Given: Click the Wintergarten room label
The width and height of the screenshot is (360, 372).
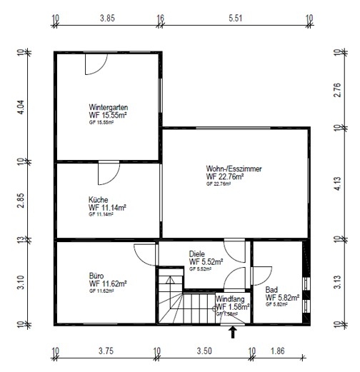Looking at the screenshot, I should (x=109, y=107).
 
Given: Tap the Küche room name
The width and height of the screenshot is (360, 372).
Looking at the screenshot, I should (x=98, y=200).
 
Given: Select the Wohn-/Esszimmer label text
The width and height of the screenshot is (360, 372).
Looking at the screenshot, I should (x=234, y=169).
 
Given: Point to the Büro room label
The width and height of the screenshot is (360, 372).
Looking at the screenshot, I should (x=96, y=275).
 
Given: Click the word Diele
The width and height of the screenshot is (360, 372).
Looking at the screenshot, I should (x=197, y=253).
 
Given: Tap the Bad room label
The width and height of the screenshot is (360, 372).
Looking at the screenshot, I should (x=271, y=290).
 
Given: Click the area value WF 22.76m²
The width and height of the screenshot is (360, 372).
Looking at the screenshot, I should (x=225, y=176).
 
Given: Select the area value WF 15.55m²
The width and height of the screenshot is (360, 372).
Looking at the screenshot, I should (x=109, y=115).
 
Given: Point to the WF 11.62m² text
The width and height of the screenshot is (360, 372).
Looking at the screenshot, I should (x=108, y=283).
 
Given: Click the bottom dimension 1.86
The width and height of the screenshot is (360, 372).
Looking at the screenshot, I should (x=279, y=351).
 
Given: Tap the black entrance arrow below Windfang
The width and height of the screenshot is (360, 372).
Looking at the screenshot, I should (x=233, y=329).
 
